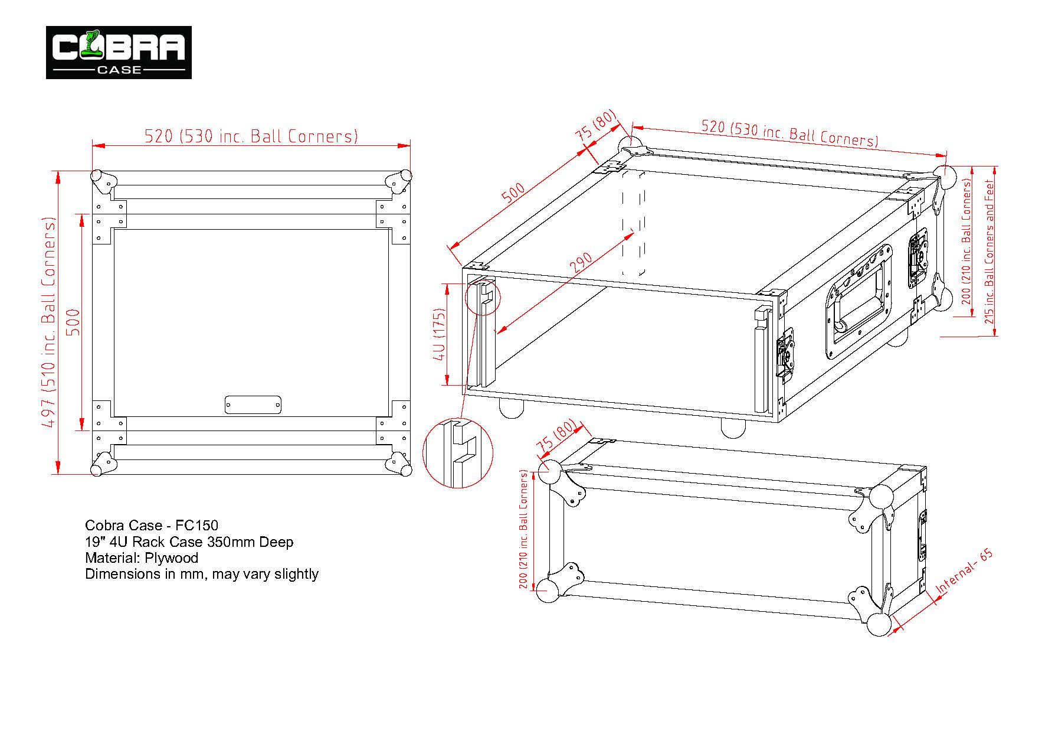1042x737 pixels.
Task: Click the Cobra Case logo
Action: click(x=119, y=53)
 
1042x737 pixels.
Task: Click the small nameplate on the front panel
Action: click(x=253, y=405)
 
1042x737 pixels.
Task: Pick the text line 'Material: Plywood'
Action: click(x=142, y=558)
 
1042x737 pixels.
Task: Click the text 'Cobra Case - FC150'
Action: click(x=152, y=526)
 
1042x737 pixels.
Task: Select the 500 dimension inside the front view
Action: click(x=73, y=322)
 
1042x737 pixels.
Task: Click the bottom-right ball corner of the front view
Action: click(x=405, y=469)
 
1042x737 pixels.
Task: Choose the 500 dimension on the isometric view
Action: click(x=514, y=193)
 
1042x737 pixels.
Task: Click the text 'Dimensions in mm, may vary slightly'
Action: click(x=202, y=574)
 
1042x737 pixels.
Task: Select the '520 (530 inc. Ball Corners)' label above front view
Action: click(x=251, y=136)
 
